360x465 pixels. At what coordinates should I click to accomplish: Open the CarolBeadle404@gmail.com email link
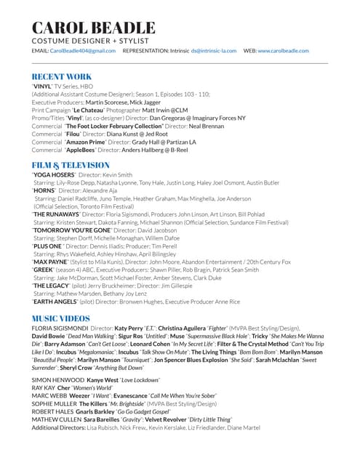[84, 51]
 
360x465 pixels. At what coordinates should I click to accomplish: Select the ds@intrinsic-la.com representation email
[215, 51]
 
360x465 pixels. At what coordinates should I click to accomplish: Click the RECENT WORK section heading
[62, 76]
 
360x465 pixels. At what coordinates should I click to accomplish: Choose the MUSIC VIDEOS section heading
[66, 319]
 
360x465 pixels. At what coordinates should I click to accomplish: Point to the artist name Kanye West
[102, 380]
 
